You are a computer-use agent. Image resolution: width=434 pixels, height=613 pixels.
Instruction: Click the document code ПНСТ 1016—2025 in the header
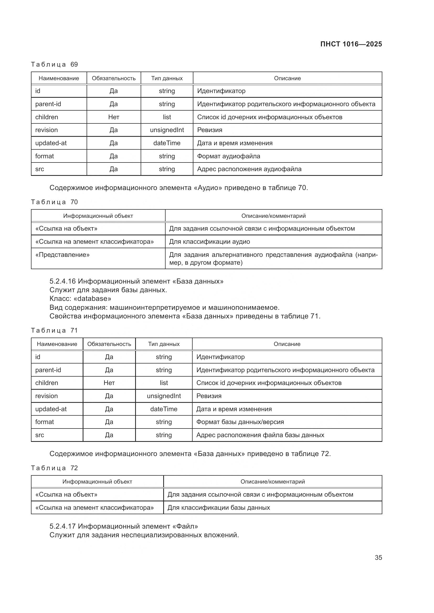(x=351, y=44)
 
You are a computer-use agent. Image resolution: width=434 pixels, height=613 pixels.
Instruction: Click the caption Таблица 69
(x=54, y=64)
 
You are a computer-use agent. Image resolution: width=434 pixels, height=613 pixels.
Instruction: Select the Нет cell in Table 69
(x=114, y=117)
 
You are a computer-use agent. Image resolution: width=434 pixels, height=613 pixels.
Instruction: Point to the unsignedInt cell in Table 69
(x=167, y=130)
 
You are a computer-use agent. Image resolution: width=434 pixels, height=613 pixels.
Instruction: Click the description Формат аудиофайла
(x=229, y=156)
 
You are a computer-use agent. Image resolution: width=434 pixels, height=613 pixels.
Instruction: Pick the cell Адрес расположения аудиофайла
(x=249, y=169)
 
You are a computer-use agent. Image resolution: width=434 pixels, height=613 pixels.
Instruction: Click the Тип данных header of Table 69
(x=167, y=78)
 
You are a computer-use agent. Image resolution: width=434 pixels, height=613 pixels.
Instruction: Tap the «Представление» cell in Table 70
(x=62, y=255)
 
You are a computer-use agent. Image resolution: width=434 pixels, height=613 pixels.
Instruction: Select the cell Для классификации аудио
(x=209, y=242)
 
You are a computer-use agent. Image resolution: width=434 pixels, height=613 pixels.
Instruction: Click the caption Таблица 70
(x=54, y=202)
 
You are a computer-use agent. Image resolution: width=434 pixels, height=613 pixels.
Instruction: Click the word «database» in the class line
(x=92, y=299)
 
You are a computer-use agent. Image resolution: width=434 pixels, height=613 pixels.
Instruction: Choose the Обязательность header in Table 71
(x=109, y=344)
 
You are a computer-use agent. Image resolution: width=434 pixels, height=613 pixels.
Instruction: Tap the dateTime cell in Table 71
(x=163, y=409)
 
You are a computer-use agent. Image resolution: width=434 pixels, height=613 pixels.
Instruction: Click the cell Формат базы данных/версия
(x=240, y=422)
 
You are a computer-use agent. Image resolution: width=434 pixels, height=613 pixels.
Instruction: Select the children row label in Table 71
(x=46, y=383)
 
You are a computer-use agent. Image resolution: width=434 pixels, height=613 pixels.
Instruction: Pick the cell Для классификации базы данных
(x=219, y=508)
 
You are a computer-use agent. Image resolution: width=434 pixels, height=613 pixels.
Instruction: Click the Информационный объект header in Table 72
(x=97, y=482)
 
